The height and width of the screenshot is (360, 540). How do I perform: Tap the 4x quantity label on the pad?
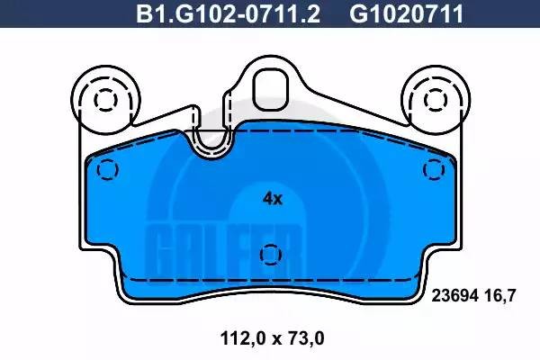coord(272,199)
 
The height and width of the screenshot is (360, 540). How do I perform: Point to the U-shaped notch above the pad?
coord(213,139)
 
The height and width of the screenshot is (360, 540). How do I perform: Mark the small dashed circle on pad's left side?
coord(107,169)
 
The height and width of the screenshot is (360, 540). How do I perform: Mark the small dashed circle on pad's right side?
coord(436,169)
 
